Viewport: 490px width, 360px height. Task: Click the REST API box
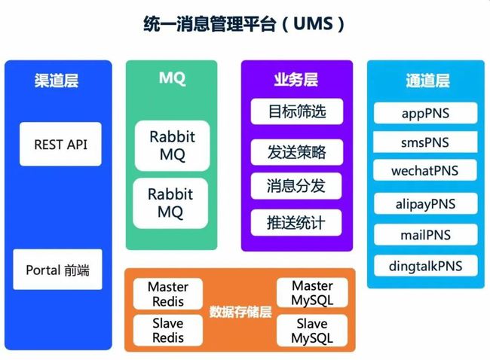pyautogui.click(x=60, y=144)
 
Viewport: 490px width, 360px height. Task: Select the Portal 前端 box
pyautogui.click(x=57, y=270)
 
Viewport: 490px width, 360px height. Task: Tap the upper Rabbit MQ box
pyautogui.click(x=172, y=145)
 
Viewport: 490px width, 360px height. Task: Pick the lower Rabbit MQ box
pyautogui.click(x=170, y=203)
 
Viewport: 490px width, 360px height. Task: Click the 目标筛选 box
pyautogui.click(x=297, y=111)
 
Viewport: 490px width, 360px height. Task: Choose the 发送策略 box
pyautogui.click(x=297, y=152)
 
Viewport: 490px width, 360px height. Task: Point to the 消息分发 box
pyautogui.click(x=296, y=186)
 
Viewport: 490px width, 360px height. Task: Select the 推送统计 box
pyautogui.click(x=296, y=223)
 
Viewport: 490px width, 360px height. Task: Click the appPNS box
pyautogui.click(x=426, y=113)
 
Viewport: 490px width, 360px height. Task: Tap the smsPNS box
pyautogui.click(x=425, y=142)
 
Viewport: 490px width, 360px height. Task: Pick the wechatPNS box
pyautogui.click(x=425, y=170)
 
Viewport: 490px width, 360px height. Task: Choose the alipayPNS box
pyautogui.click(x=426, y=203)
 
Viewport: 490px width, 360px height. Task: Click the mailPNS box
pyautogui.click(x=426, y=234)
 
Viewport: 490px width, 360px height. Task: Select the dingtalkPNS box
pyautogui.click(x=426, y=266)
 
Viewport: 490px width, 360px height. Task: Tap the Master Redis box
pyautogui.click(x=168, y=294)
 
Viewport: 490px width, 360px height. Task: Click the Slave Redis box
pyautogui.click(x=168, y=330)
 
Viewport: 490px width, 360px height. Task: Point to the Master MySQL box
pyautogui.click(x=312, y=292)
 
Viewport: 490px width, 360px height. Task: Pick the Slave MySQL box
pyautogui.click(x=312, y=331)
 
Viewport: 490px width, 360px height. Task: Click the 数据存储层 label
pyautogui.click(x=240, y=312)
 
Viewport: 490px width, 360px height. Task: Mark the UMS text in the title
pyautogui.click(x=313, y=24)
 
